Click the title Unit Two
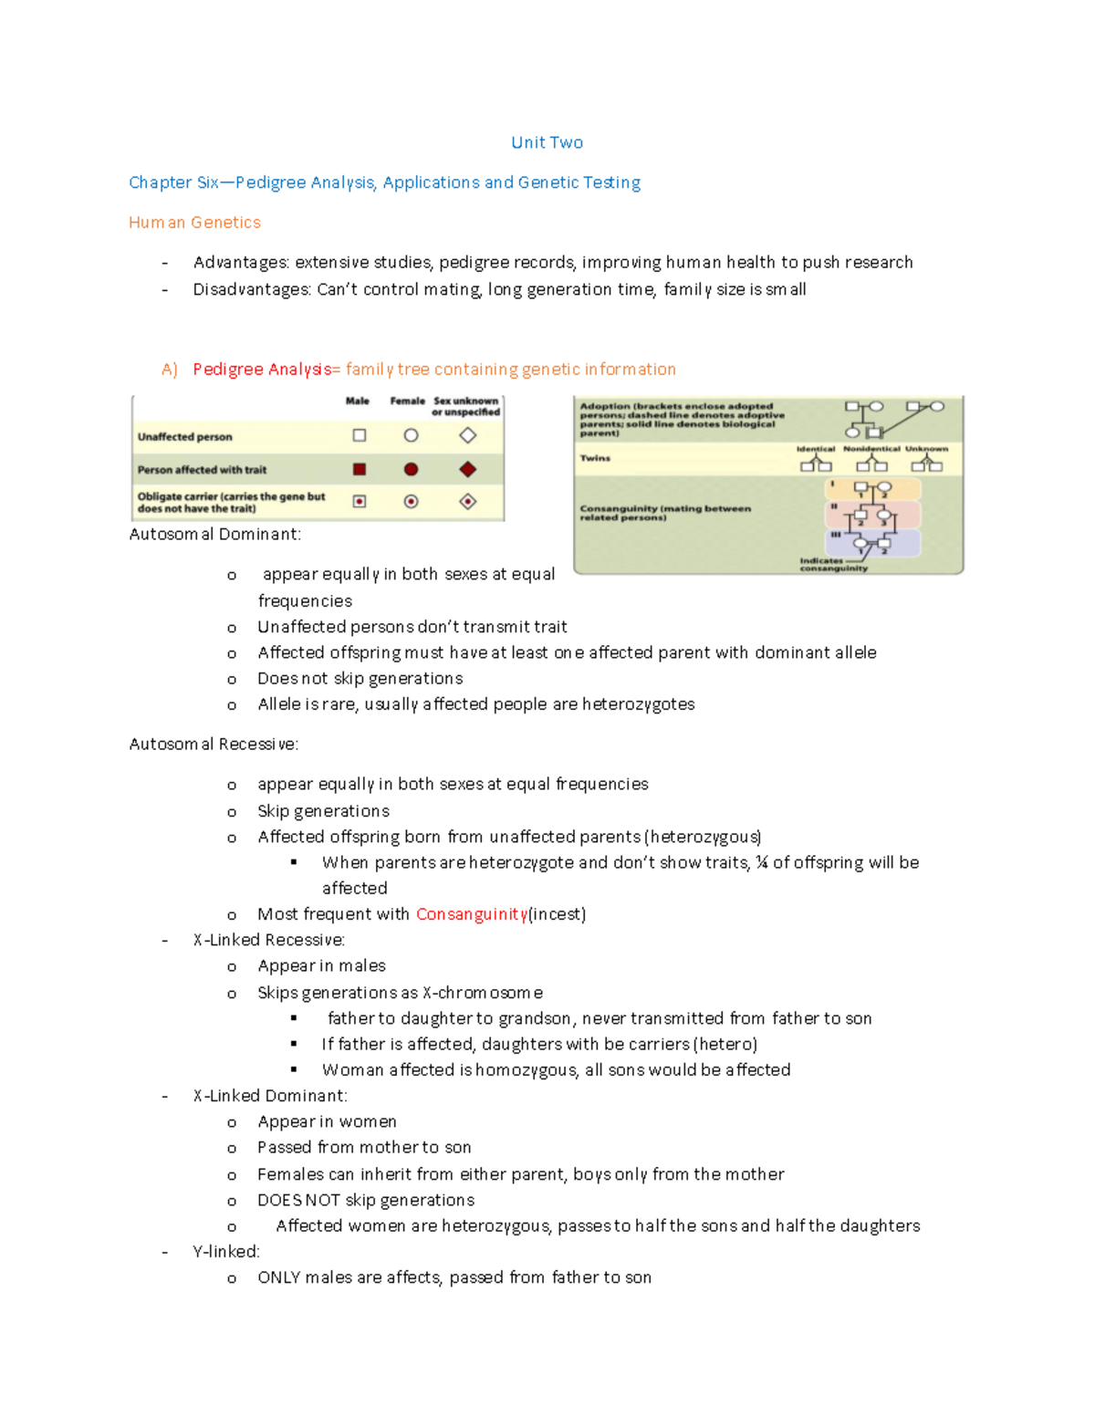(x=547, y=142)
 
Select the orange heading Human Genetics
(x=194, y=223)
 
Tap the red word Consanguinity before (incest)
(x=471, y=914)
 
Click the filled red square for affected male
(x=360, y=469)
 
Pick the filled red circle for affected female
(x=411, y=469)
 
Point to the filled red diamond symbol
(x=468, y=469)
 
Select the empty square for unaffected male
(x=360, y=435)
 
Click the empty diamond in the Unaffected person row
(x=468, y=435)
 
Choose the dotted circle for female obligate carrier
(x=411, y=501)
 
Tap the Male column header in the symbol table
(x=358, y=401)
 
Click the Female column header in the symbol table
(x=407, y=401)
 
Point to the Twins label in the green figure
(x=595, y=458)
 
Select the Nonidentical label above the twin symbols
(x=871, y=449)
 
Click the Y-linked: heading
(x=226, y=1252)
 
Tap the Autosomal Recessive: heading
(x=214, y=745)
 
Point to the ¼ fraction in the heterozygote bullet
(x=761, y=862)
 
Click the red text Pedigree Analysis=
(x=266, y=370)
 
